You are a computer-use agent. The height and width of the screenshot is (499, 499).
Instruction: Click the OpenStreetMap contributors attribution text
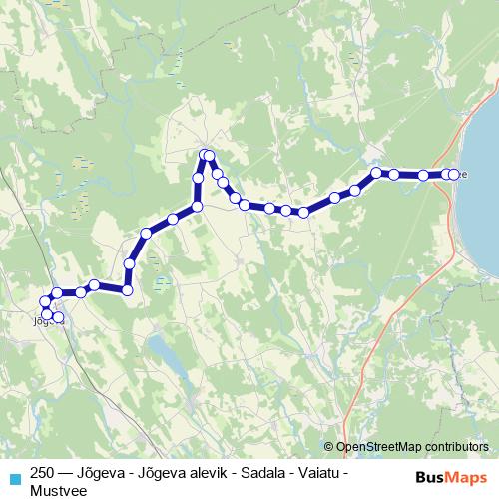[409, 446]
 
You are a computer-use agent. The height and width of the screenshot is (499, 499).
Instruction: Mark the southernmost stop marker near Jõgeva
[58, 317]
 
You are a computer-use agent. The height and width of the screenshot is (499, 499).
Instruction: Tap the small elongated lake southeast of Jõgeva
[160, 348]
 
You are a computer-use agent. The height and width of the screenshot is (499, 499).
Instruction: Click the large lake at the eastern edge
[484, 200]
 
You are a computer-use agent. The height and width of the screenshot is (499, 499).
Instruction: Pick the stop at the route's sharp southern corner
[127, 289]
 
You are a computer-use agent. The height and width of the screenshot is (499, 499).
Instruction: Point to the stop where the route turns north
[197, 206]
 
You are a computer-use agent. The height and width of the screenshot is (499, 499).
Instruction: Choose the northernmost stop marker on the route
[205, 154]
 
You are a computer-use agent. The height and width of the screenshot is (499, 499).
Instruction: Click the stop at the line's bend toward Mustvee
[376, 173]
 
